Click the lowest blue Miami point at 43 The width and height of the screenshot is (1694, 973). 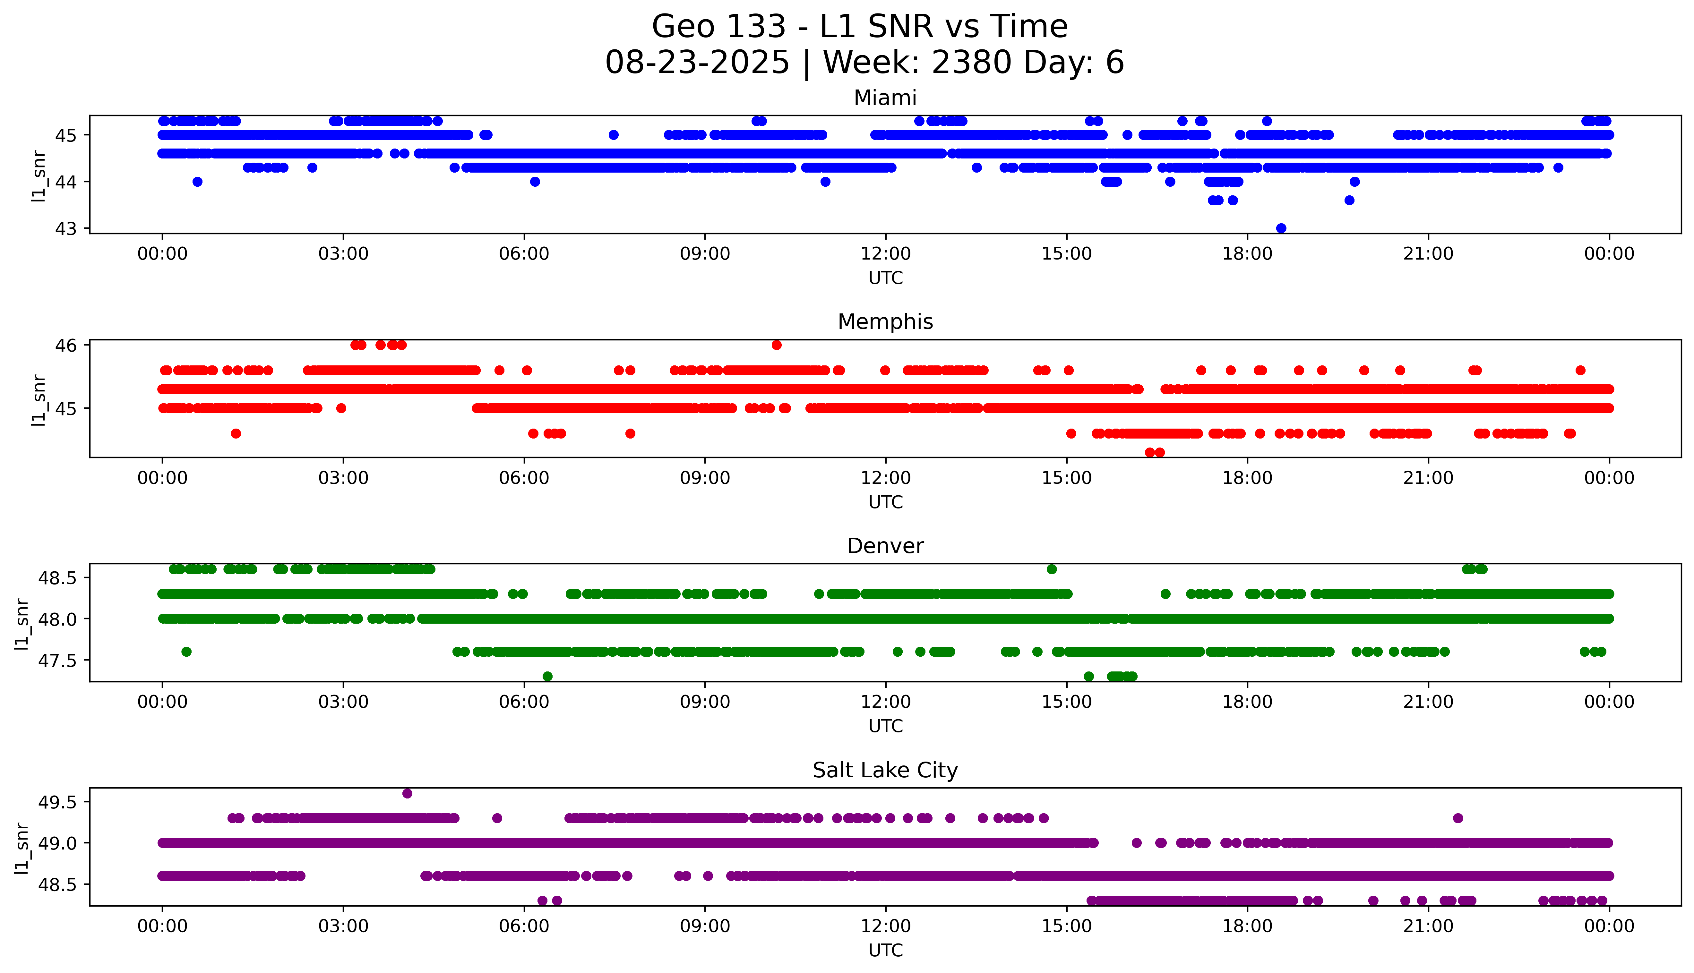coord(1281,228)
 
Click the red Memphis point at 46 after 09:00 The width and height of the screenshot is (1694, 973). coord(777,345)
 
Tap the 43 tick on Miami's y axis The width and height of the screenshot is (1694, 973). coord(66,228)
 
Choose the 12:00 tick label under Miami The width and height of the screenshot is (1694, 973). coord(885,254)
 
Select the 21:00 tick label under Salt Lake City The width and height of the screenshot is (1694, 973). coord(1428,926)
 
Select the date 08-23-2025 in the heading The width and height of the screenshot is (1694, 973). coord(697,63)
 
